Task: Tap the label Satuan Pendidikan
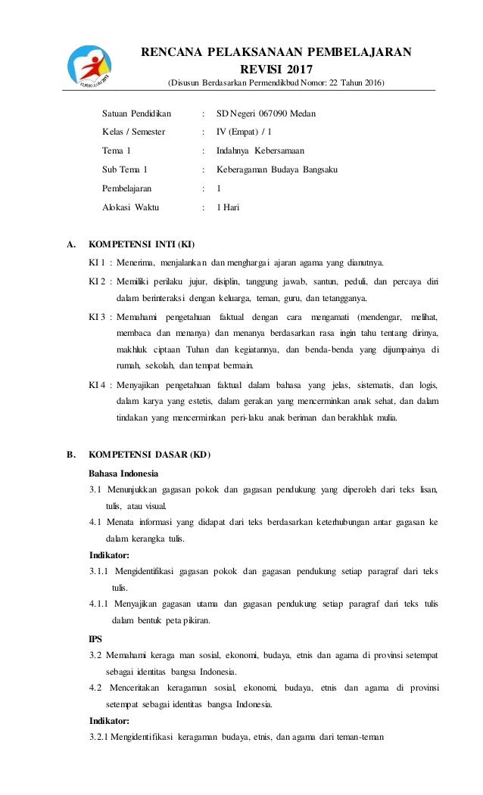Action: click(x=137, y=113)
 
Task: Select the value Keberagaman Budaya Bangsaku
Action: click(x=277, y=169)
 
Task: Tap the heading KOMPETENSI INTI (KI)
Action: click(x=142, y=244)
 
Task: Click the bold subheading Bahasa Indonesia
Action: click(x=123, y=474)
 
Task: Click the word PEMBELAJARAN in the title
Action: click(x=359, y=51)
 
